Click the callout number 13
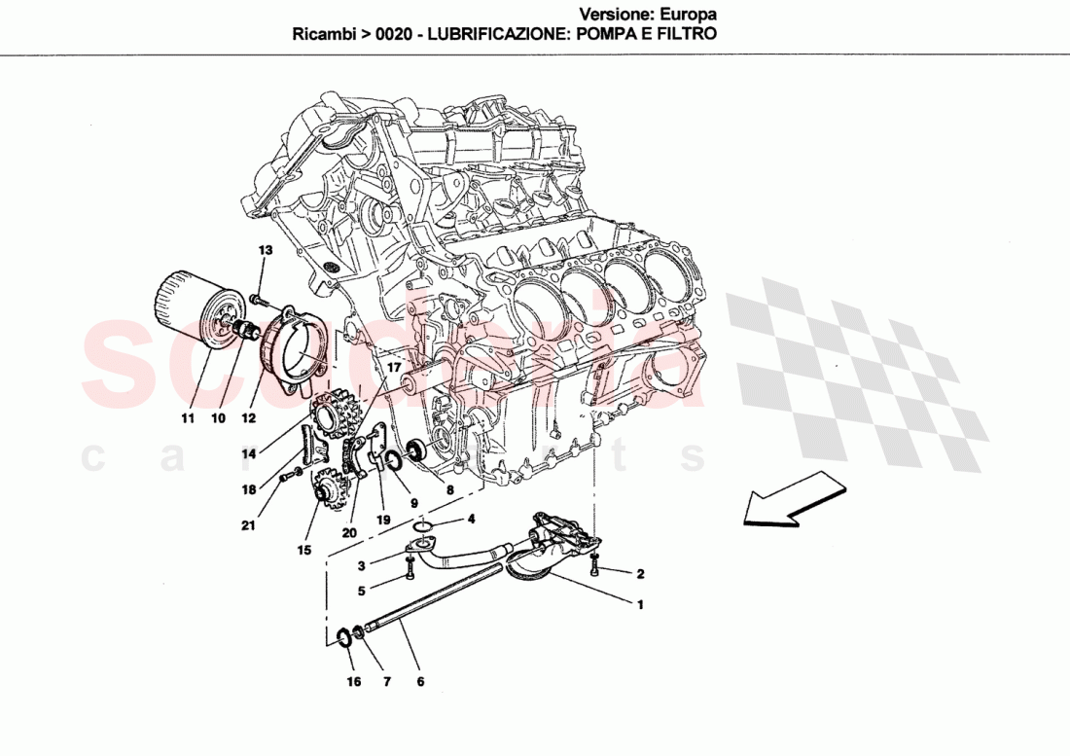click(265, 251)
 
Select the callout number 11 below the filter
click(188, 418)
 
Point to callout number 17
click(393, 368)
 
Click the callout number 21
click(249, 526)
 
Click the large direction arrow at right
click(788, 499)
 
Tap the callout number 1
click(640, 604)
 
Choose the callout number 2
click(640, 574)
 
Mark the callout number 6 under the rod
click(420, 682)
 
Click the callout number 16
click(353, 682)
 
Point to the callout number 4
click(471, 519)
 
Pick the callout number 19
click(383, 521)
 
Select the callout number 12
click(249, 418)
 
